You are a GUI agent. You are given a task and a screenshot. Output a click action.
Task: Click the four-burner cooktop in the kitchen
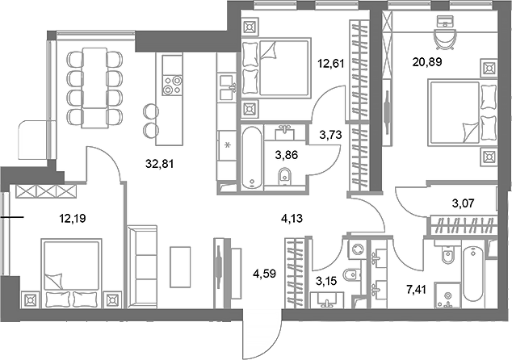pos(172,85)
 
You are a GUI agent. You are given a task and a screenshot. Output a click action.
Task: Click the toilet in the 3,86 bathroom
pos(283,177)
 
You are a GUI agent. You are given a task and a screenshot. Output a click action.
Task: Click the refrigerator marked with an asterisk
pos(228,147)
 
